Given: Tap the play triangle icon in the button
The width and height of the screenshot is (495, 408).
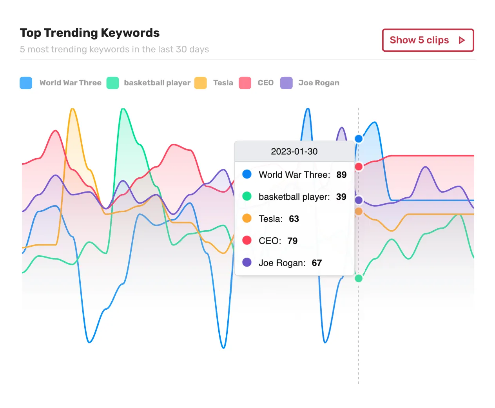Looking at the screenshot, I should click(462, 40).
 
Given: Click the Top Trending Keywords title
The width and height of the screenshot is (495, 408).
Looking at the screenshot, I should click(90, 33).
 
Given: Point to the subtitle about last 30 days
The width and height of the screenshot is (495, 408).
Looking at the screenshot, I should click(114, 49).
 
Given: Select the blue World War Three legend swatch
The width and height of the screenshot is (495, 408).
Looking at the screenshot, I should click(26, 83).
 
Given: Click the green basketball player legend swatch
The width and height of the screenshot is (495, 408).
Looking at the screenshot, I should click(112, 83).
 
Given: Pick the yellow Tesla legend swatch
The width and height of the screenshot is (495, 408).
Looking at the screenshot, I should click(200, 83).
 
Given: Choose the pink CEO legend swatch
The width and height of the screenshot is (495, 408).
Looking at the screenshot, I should click(245, 83).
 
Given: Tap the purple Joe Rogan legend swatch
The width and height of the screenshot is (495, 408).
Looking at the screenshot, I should click(286, 83).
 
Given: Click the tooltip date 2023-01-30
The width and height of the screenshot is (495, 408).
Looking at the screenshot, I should click(294, 152).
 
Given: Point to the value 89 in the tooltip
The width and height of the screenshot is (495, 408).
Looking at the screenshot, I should click(341, 175).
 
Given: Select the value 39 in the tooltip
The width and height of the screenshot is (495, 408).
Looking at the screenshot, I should click(341, 197).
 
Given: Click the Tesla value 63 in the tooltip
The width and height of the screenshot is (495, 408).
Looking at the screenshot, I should click(294, 219).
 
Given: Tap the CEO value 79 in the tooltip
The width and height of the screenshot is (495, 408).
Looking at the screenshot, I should click(292, 241).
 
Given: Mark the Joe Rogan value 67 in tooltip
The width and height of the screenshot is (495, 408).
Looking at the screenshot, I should click(317, 263).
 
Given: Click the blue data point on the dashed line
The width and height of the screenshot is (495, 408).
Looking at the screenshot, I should click(359, 139).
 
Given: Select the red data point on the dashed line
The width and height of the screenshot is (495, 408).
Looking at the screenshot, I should click(359, 167).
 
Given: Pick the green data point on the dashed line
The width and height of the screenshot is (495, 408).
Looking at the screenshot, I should click(359, 278).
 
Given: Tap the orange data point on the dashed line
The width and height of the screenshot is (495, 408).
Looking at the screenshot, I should click(359, 211).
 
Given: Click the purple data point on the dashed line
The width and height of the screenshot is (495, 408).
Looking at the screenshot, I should click(359, 200).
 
